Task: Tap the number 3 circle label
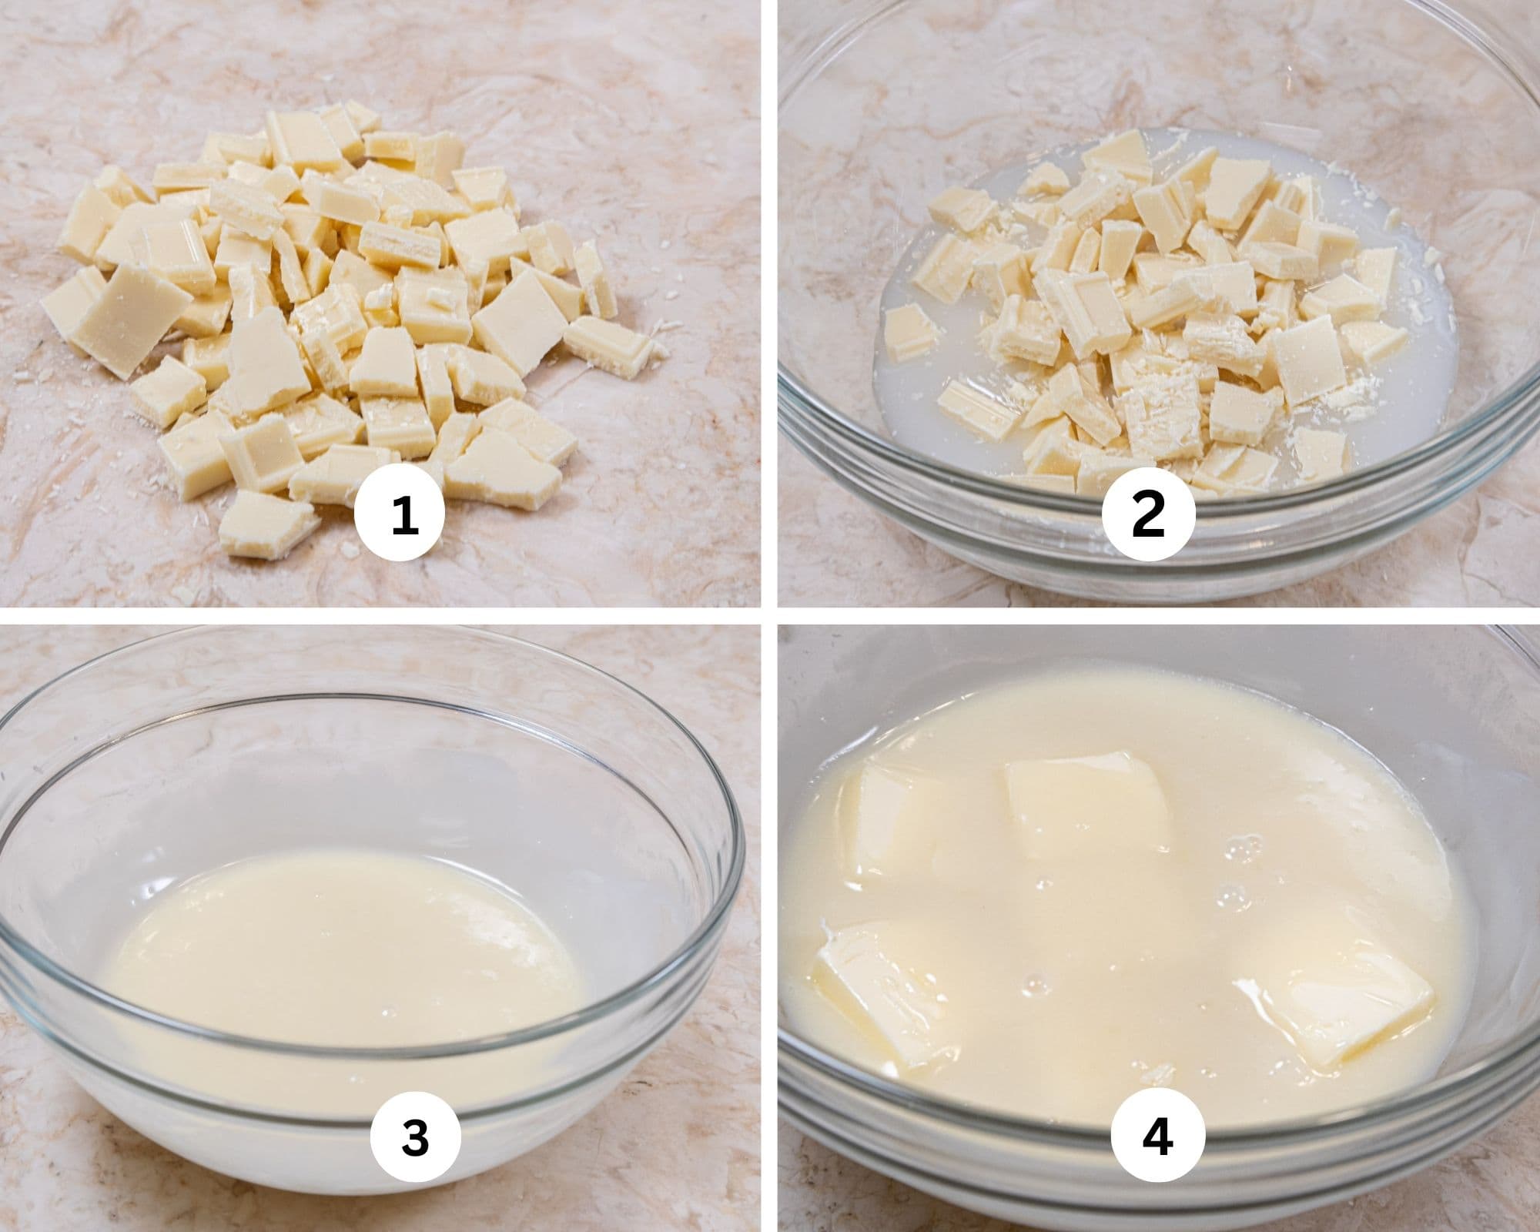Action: pos(415,1137)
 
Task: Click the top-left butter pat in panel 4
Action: pos(893,820)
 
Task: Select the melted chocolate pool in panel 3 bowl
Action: pos(339,947)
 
